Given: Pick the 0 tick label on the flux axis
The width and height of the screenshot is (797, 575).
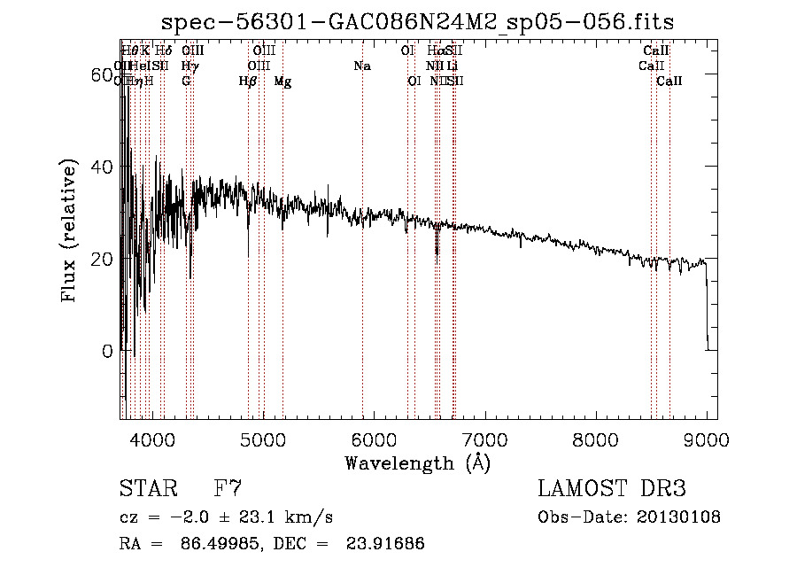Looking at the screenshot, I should pyautogui.click(x=107, y=351).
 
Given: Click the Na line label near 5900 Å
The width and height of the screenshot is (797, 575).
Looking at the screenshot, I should pyautogui.click(x=361, y=66).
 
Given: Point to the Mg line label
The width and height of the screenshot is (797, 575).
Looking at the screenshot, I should pyautogui.click(x=282, y=82).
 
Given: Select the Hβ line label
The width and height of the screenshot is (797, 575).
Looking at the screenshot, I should pyautogui.click(x=247, y=82).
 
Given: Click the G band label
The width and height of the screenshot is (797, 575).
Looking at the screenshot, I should pyautogui.click(x=186, y=82).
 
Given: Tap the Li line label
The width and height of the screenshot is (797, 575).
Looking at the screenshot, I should pyautogui.click(x=452, y=66).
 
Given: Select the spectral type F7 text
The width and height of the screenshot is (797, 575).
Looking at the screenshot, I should pyautogui.click(x=228, y=489).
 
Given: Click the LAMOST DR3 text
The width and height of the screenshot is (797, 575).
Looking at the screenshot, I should pyautogui.click(x=612, y=489).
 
